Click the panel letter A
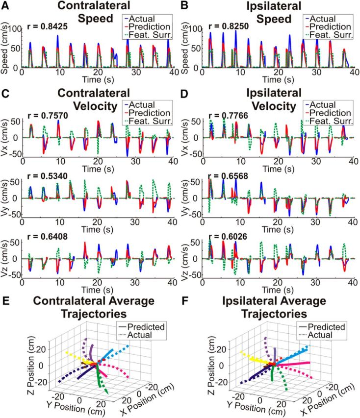(x=5, y=6)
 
